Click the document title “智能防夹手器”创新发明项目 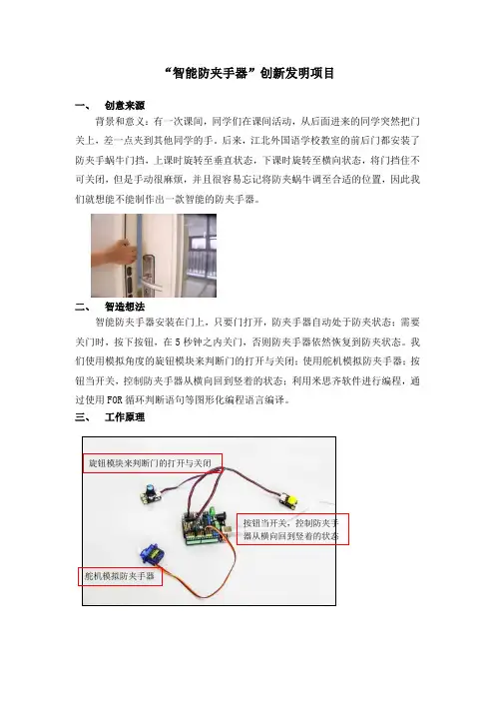point(249,73)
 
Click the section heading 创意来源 point(125,106)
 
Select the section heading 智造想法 point(125,307)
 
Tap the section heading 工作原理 point(125,417)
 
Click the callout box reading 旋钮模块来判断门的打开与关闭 point(153,463)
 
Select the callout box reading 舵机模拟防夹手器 point(120,576)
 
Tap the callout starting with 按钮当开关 point(292,529)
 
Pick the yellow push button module point(290,499)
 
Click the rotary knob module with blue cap point(151,492)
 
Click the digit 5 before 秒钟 point(177,343)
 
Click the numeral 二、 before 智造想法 point(83,307)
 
